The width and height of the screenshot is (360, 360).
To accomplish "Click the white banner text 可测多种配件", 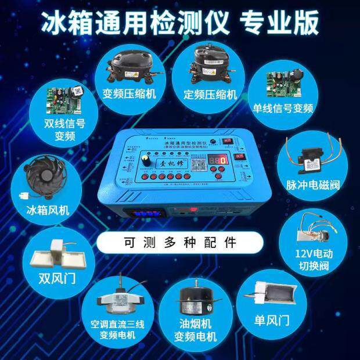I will [180, 241].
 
